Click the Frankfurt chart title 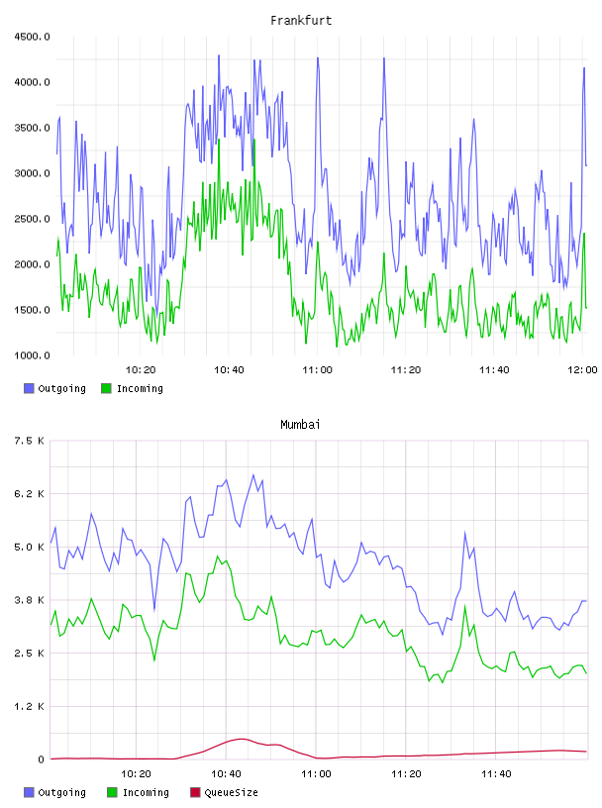click(301, 21)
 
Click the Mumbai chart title click(300, 425)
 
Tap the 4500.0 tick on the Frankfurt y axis click(32, 37)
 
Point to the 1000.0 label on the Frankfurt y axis click(32, 355)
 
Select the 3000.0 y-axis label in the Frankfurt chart click(32, 173)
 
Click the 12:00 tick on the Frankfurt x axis click(582, 369)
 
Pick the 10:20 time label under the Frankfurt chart click(141, 369)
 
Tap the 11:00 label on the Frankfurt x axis click(318, 369)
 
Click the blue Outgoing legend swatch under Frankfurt click(29, 388)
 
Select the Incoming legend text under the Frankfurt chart click(140, 388)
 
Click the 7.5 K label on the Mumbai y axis click(30, 441)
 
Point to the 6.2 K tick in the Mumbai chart click(30, 494)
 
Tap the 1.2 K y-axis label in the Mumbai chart click(30, 706)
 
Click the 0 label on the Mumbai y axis click(41, 759)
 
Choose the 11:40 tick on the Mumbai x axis click(496, 773)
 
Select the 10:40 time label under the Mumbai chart click(226, 773)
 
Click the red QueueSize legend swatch click(195, 792)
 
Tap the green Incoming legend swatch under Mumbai click(112, 792)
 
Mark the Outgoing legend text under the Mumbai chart click(61, 792)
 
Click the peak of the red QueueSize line click(242, 739)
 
